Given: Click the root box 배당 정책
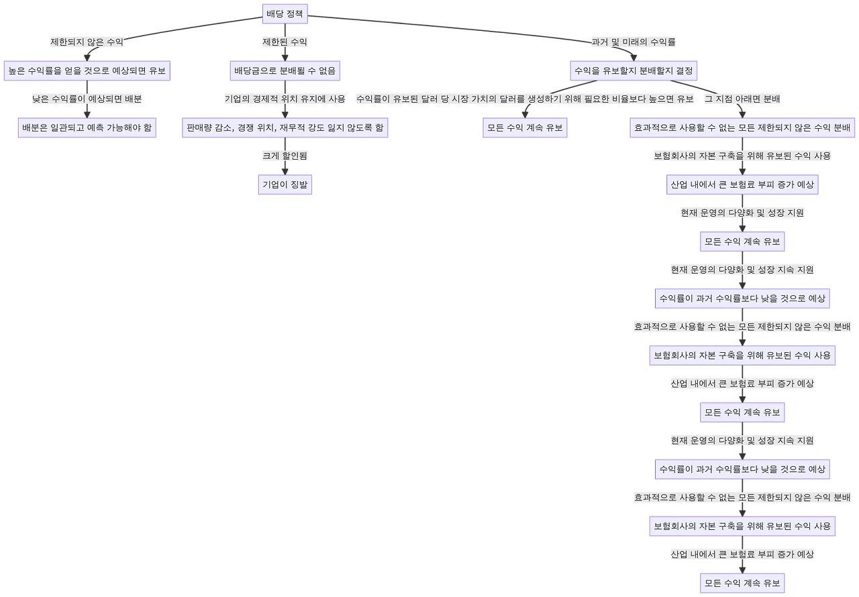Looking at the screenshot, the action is click(285, 14).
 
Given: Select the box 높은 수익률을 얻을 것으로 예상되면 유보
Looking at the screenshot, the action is click(87, 71).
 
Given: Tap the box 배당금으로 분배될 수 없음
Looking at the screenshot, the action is click(285, 71).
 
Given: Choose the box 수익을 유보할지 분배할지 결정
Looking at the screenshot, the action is click(634, 71).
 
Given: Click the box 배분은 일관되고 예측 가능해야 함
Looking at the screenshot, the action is click(87, 127).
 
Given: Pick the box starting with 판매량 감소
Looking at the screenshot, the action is click(285, 127).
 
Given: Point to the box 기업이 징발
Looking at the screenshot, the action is click(285, 184).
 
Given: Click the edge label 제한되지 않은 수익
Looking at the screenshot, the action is click(87, 42).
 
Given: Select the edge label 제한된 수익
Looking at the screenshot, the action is click(285, 42).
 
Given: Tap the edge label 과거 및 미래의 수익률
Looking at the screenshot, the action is click(634, 42).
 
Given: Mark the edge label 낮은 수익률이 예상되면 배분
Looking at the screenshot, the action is click(87, 99).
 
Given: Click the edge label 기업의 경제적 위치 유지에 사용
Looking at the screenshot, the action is click(285, 99).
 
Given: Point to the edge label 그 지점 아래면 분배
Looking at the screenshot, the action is click(742, 99).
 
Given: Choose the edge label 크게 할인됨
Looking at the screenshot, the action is click(285, 156).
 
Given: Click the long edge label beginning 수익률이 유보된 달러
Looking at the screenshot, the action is click(525, 99).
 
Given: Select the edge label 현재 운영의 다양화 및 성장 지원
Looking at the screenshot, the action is click(742, 213).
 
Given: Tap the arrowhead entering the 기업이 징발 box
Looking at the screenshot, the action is click(285, 172).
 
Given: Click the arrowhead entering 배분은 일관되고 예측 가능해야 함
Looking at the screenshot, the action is click(87, 115).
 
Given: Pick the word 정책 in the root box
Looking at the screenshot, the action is click(295, 14).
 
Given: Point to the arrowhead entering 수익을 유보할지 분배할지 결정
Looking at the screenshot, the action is click(634, 58).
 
